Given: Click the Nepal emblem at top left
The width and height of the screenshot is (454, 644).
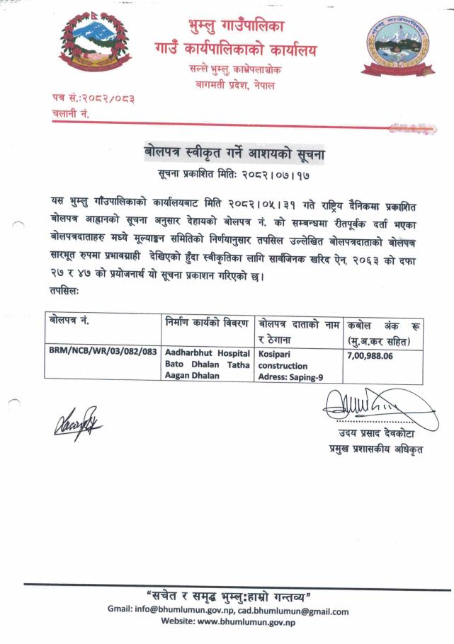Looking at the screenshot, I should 102,47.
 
